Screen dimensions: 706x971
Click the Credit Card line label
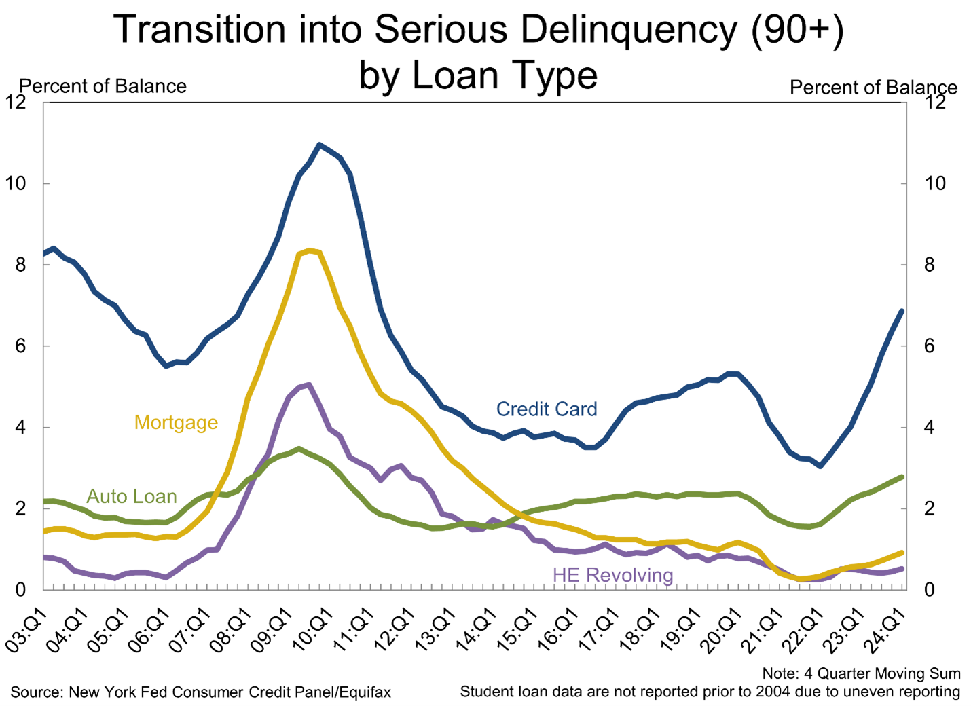[547, 409]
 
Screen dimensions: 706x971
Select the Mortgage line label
[176, 422]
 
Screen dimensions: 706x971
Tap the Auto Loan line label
[132, 496]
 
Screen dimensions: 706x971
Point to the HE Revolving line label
[612, 575]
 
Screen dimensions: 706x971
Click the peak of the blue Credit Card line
[320, 145]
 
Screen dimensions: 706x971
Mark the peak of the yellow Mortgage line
[310, 250]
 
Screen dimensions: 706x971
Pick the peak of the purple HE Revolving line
[310, 384]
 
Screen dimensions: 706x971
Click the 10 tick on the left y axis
[16, 183]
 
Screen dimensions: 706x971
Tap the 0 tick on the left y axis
[20, 590]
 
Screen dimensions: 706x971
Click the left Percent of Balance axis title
[103, 86]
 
